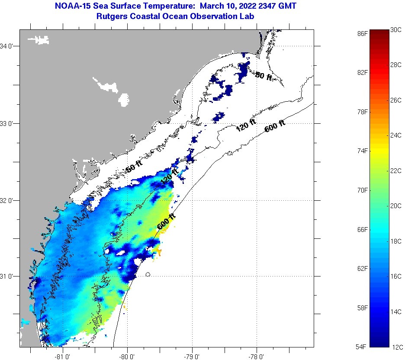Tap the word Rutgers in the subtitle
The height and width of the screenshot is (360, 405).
113,16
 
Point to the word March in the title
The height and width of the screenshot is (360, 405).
201,6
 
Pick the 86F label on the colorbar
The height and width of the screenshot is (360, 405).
363,33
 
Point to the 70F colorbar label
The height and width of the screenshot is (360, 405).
363,190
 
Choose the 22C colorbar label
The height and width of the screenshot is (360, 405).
396,170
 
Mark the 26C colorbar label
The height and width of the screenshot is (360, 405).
396,100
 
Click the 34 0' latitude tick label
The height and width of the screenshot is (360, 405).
9,46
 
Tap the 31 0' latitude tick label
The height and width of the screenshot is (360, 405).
9,276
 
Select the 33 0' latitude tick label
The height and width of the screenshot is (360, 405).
9,123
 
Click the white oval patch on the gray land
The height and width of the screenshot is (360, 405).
124,100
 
